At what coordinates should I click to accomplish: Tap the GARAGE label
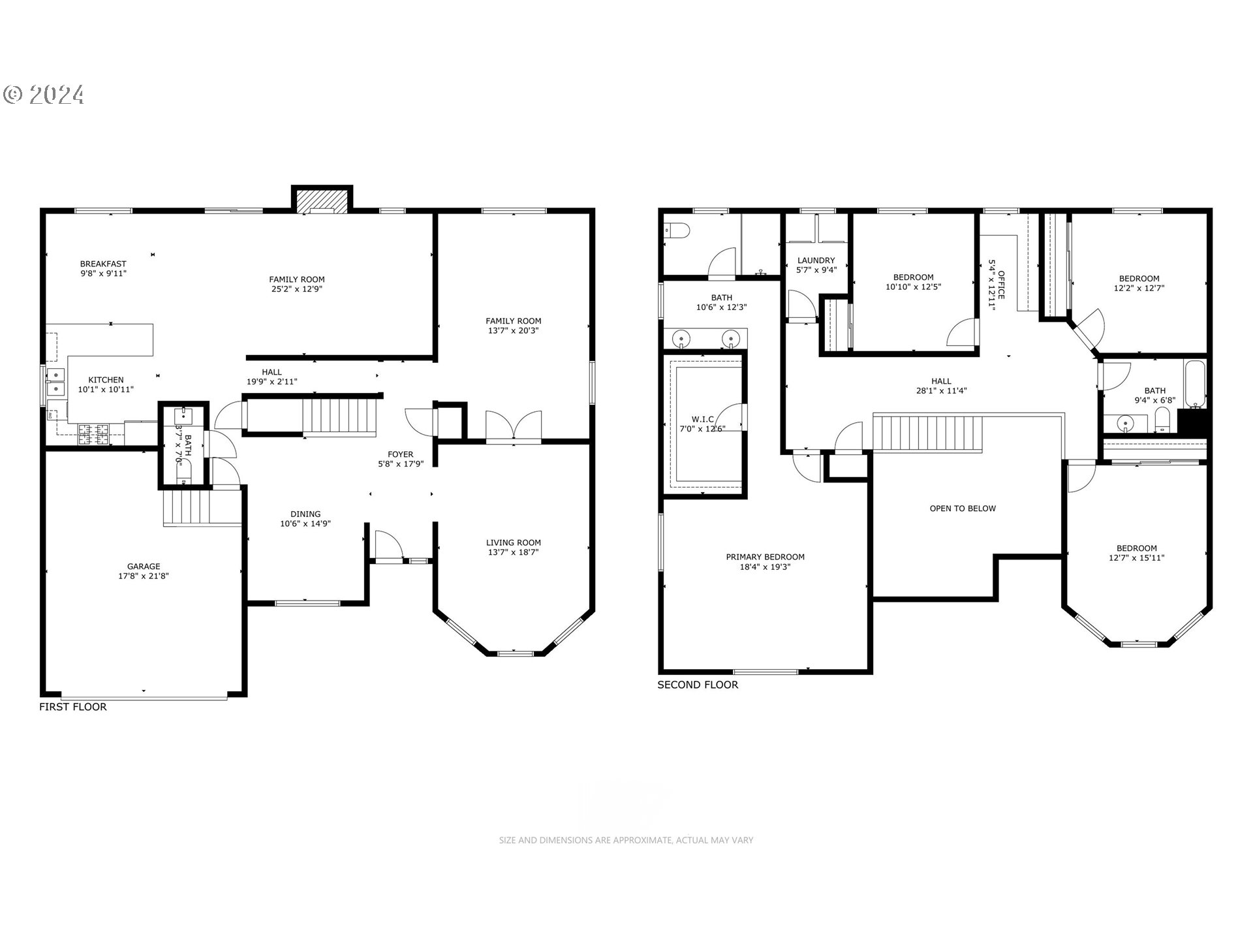point(144,567)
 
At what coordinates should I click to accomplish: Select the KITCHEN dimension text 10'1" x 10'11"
point(106,390)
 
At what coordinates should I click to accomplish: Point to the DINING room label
point(305,514)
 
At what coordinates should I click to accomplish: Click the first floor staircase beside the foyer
point(340,416)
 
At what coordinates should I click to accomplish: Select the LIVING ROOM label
point(514,542)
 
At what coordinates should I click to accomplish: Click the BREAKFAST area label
point(103,264)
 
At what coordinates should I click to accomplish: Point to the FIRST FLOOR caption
point(73,707)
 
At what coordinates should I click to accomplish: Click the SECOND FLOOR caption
point(698,685)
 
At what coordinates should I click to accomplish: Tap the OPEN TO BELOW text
point(963,509)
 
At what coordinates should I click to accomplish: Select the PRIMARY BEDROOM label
point(765,557)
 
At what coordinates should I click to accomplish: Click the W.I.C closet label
point(702,419)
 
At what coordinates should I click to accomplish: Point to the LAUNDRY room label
point(816,260)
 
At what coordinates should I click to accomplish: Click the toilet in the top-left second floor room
point(676,230)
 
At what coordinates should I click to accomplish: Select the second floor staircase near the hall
point(927,433)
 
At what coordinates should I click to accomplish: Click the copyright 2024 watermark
point(44,95)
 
